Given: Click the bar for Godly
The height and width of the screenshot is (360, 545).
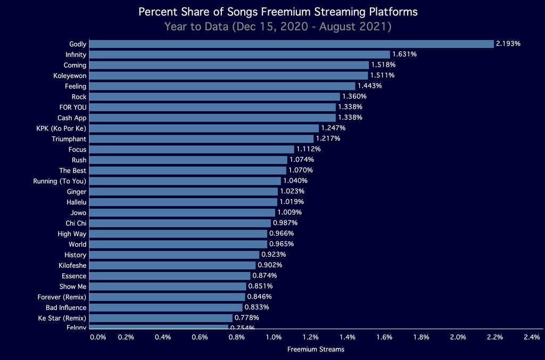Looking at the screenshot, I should pyautogui.click(x=292, y=44).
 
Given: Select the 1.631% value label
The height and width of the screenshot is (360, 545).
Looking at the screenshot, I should pyautogui.click(x=404, y=54).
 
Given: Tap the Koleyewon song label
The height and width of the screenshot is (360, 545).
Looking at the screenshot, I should pyautogui.click(x=70, y=76).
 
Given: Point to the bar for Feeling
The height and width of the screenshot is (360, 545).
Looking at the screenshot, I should pyautogui.click(x=222, y=86).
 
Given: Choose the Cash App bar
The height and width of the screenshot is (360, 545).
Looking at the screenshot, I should pyautogui.click(x=212, y=118).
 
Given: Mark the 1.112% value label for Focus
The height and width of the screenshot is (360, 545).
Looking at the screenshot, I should pyautogui.click(x=309, y=149).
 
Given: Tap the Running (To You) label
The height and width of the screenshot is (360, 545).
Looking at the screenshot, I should pyautogui.click(x=60, y=181).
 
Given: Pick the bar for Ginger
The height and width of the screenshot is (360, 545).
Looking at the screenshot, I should pyautogui.click(x=184, y=191).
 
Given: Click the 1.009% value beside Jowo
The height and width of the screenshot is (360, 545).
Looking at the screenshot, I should pyautogui.click(x=290, y=212).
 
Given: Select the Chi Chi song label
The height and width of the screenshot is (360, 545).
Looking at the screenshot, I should pyautogui.click(x=76, y=223).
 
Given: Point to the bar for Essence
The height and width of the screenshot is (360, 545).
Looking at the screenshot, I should pyautogui.click(x=170, y=276).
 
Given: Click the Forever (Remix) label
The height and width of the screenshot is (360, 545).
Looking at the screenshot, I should pyautogui.click(x=62, y=297).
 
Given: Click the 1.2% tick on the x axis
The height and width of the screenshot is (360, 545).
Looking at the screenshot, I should pyautogui.click(x=310, y=337).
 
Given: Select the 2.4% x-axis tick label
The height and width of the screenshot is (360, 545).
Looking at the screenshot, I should pyautogui.click(x=532, y=337).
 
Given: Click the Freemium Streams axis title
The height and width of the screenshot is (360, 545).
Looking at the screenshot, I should pyautogui.click(x=316, y=349).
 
